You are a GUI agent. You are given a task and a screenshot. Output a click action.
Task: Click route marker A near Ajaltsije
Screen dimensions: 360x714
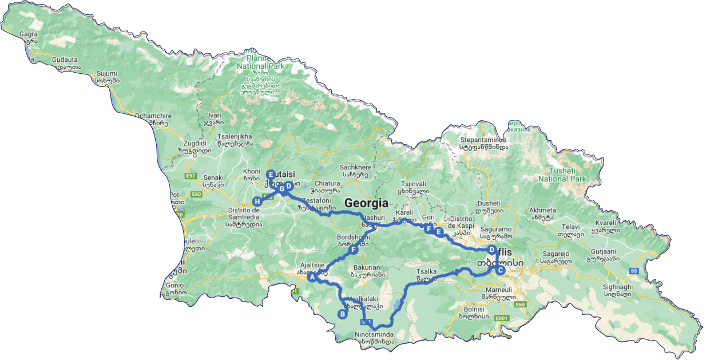(x=312, y=278)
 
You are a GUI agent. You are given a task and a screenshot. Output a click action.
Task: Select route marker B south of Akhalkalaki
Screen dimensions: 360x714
(x=343, y=314)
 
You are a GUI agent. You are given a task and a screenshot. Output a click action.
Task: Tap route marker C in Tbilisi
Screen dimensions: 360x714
(x=500, y=271)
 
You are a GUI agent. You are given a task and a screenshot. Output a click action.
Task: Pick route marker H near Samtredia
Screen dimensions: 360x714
(x=257, y=201)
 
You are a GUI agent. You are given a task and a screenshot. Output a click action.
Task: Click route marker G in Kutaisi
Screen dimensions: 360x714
(x=281, y=188)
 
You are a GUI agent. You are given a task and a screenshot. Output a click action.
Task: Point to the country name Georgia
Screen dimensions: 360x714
(x=366, y=203)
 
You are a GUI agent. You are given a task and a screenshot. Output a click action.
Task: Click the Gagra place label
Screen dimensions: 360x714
(x=28, y=34)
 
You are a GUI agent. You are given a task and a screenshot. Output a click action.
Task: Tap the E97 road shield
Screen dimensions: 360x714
(x=191, y=176)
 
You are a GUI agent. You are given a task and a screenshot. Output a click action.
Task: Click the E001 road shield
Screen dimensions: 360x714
(x=502, y=318)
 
